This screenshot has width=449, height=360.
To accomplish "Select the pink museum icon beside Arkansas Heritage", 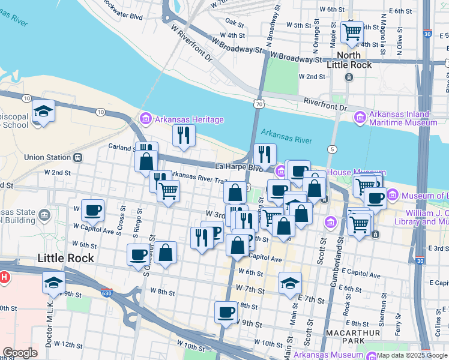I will point(144,119).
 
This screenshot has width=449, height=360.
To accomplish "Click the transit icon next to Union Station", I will point(77,158).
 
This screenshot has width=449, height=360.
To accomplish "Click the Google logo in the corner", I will point(20,353).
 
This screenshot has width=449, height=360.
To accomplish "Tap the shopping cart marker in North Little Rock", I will point(352,31).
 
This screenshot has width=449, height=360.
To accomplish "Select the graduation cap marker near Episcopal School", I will point(43,111).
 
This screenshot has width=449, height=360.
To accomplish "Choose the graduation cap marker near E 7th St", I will point(290,283).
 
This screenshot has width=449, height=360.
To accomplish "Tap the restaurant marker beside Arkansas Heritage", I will point(184,135).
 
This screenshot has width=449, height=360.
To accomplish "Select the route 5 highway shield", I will point(331,149).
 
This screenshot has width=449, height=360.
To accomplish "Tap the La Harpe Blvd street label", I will point(240,166).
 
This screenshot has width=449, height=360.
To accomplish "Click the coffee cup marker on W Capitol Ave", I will point(92,210).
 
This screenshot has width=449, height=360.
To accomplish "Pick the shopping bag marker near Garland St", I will point(146,161).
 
